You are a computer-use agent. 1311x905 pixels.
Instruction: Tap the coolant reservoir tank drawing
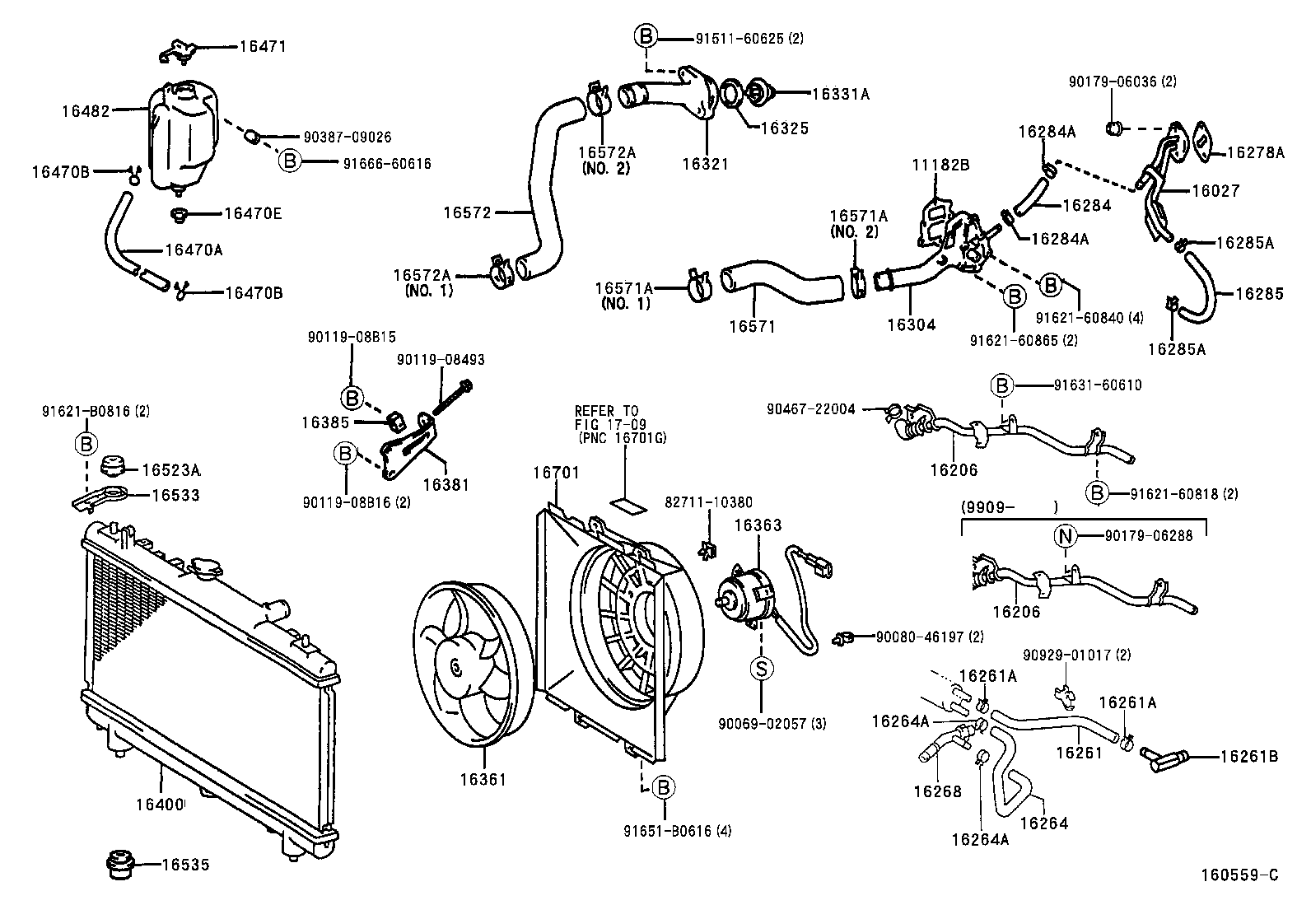[184, 136]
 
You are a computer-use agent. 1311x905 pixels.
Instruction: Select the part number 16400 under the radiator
[161, 802]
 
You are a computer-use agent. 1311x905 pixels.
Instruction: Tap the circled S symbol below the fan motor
[762, 669]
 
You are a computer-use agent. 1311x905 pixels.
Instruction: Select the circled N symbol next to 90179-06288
[1066, 536]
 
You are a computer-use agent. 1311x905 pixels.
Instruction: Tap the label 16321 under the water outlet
[706, 164]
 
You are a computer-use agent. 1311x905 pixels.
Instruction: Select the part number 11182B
[940, 165]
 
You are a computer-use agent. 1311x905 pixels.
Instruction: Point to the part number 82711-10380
[708, 502]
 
